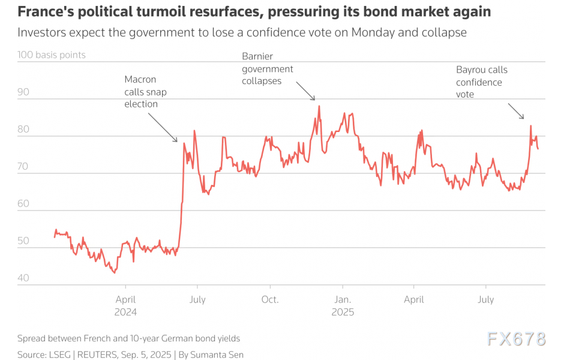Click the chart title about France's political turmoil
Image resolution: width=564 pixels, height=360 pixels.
tap(254, 11)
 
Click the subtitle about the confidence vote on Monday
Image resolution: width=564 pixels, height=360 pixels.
tap(242, 33)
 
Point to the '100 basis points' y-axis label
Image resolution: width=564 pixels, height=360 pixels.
tap(52, 55)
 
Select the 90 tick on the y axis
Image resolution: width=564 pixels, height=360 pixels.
tap(23, 92)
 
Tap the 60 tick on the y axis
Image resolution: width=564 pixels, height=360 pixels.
tap(23, 204)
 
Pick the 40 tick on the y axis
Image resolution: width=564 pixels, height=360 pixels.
tap(23, 278)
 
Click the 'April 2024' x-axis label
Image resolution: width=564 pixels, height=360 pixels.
tap(125, 305)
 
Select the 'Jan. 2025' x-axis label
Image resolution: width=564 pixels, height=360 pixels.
tap(343, 305)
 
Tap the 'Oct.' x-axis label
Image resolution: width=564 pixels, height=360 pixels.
tap(270, 299)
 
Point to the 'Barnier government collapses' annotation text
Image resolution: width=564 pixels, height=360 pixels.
tap(267, 68)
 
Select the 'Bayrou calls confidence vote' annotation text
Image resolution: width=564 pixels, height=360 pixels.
tap(481, 82)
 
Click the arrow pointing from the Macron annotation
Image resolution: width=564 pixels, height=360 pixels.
tap(162, 127)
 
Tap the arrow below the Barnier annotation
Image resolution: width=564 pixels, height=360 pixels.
tap(305, 91)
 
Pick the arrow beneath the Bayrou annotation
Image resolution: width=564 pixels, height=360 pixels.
tap(516, 111)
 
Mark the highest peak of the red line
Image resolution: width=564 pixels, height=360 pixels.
tap(319, 106)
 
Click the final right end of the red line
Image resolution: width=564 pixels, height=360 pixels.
tap(538, 149)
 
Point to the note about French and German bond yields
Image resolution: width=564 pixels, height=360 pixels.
tap(128, 338)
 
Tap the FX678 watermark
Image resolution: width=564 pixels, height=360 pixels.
tap(516, 339)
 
